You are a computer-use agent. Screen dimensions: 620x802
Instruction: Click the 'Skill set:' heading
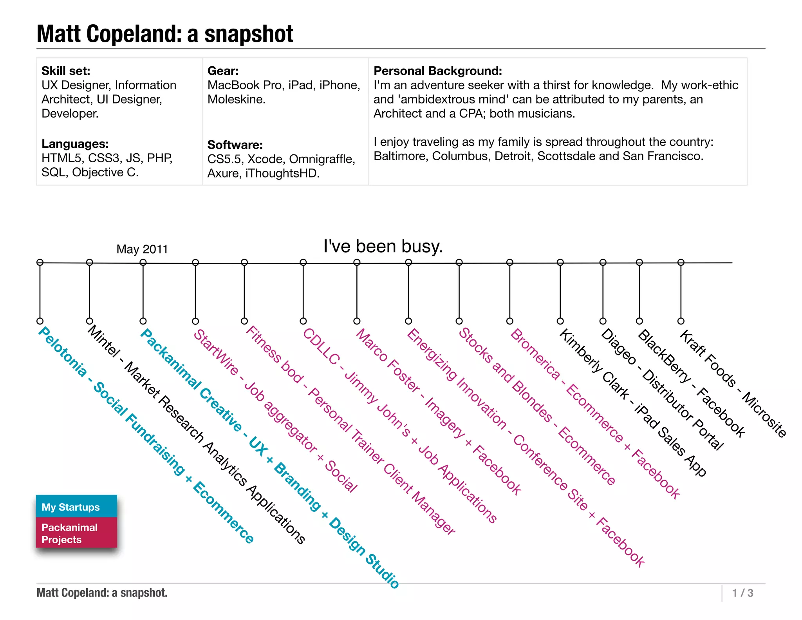click(66, 71)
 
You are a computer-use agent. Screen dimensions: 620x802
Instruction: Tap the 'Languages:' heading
click(75, 144)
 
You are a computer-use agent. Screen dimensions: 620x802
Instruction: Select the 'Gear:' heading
click(223, 71)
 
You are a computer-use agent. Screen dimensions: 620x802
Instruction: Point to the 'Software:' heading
click(235, 145)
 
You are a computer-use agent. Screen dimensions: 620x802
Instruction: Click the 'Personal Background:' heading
click(437, 71)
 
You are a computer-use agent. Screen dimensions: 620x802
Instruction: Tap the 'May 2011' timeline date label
click(142, 249)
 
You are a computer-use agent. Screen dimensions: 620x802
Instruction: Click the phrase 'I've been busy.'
click(383, 247)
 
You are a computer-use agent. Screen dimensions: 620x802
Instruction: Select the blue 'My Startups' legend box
click(76, 507)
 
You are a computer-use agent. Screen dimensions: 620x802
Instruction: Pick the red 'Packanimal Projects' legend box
click(76, 533)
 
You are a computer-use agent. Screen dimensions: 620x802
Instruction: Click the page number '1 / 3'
click(742, 593)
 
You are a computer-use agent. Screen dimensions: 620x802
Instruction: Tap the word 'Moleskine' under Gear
click(235, 100)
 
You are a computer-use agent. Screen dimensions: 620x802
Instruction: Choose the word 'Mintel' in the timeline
click(103, 341)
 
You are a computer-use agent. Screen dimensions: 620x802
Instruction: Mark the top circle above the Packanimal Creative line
click(143, 262)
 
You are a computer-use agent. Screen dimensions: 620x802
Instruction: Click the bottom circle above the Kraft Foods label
click(681, 321)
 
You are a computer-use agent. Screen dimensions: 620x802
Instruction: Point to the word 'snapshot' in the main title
click(249, 34)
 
